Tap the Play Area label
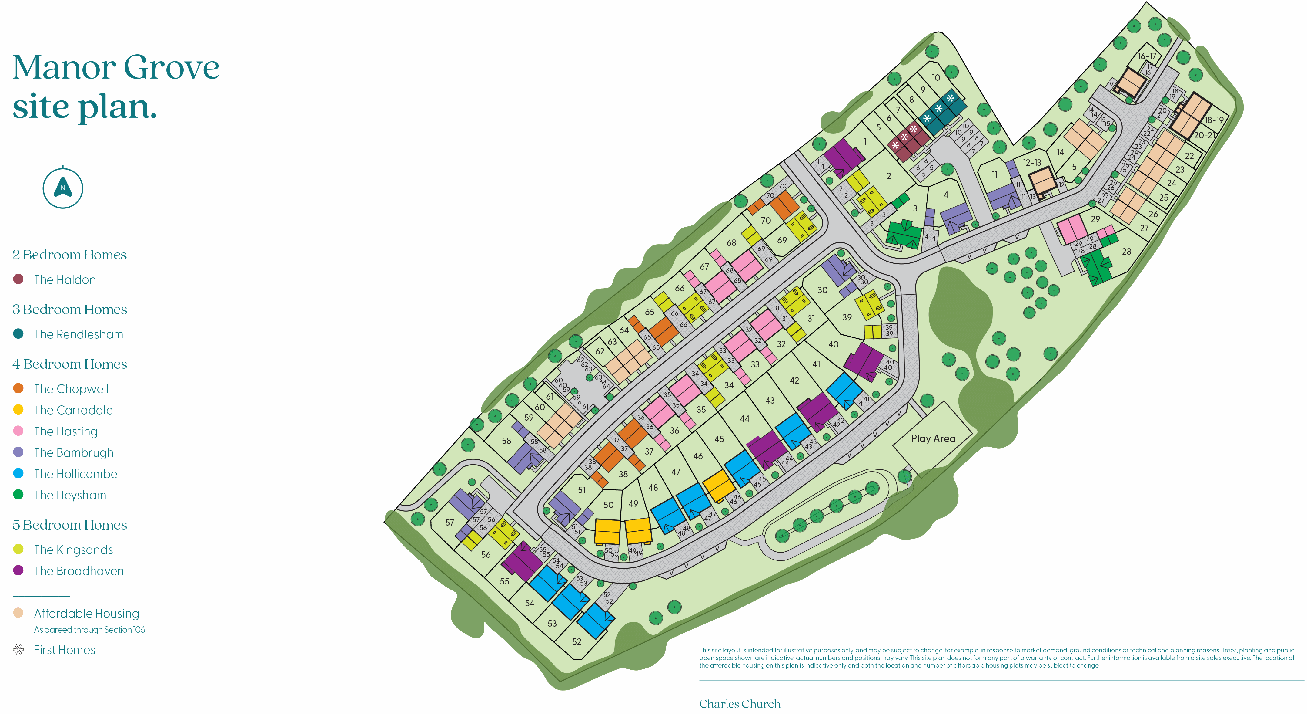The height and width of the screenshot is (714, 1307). coord(933,438)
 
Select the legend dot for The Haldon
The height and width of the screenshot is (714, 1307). coord(18,279)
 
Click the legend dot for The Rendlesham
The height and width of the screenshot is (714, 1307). coord(18,334)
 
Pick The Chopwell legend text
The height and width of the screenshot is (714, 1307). coord(71,389)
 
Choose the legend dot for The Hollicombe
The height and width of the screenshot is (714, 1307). coord(18,473)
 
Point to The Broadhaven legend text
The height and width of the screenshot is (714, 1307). coord(79,571)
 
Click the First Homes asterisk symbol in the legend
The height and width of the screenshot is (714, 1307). coord(18,649)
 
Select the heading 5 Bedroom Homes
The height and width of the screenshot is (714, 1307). coord(69,525)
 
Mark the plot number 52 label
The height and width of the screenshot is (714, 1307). coord(577,641)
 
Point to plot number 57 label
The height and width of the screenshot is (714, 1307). coord(450,522)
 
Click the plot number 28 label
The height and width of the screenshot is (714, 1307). coord(1126,251)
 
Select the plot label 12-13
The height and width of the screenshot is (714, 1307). coord(1032,163)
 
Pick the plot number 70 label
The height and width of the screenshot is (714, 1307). coord(766,220)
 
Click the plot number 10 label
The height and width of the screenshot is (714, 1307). coord(936,78)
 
